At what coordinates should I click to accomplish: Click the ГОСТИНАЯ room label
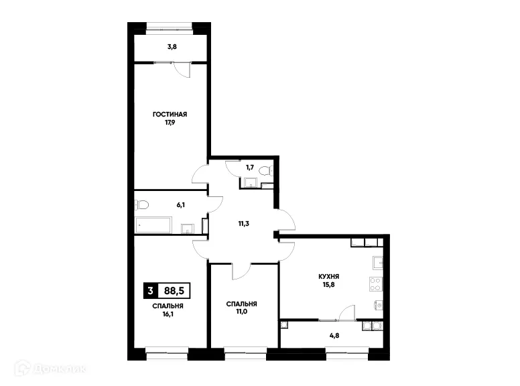pyautogui.click(x=169, y=115)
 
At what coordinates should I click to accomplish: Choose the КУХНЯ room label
pyautogui.click(x=328, y=275)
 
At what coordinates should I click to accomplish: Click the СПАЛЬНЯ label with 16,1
pyautogui.click(x=168, y=306)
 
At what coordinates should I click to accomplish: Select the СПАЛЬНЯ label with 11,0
pyautogui.click(x=242, y=304)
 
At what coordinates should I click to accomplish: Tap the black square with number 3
pyautogui.click(x=150, y=290)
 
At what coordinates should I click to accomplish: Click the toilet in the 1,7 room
pyautogui.click(x=265, y=172)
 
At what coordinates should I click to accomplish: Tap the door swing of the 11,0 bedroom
pyautogui.click(x=241, y=270)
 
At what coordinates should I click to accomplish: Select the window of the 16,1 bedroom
pyautogui.click(x=167, y=348)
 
